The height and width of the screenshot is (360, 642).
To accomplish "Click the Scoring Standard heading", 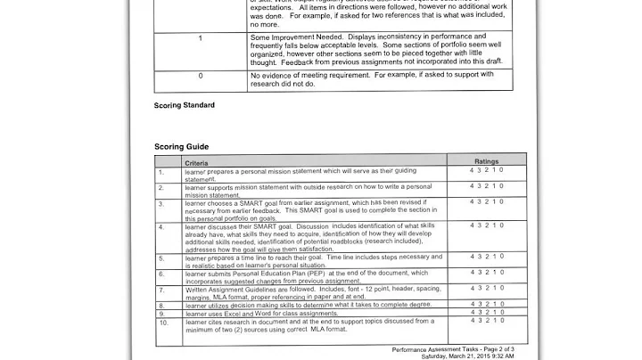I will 185,105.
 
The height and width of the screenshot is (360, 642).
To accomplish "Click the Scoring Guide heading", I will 181,146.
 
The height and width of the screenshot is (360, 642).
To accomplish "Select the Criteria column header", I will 197,163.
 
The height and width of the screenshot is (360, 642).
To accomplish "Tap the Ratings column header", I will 487,161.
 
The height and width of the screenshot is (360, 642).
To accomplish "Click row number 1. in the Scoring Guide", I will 161,171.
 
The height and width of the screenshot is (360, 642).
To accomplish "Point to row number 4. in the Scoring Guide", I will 161,227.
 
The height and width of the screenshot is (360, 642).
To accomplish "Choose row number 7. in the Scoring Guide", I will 161,290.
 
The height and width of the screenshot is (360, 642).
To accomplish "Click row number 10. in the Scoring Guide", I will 162,322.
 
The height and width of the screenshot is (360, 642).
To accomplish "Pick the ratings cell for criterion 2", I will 487,186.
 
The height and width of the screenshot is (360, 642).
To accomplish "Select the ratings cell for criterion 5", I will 487,257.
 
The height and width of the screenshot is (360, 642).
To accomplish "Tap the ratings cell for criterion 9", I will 487,313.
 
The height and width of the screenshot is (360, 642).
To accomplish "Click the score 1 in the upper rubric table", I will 200,38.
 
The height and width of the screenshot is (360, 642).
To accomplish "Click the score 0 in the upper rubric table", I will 200,76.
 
